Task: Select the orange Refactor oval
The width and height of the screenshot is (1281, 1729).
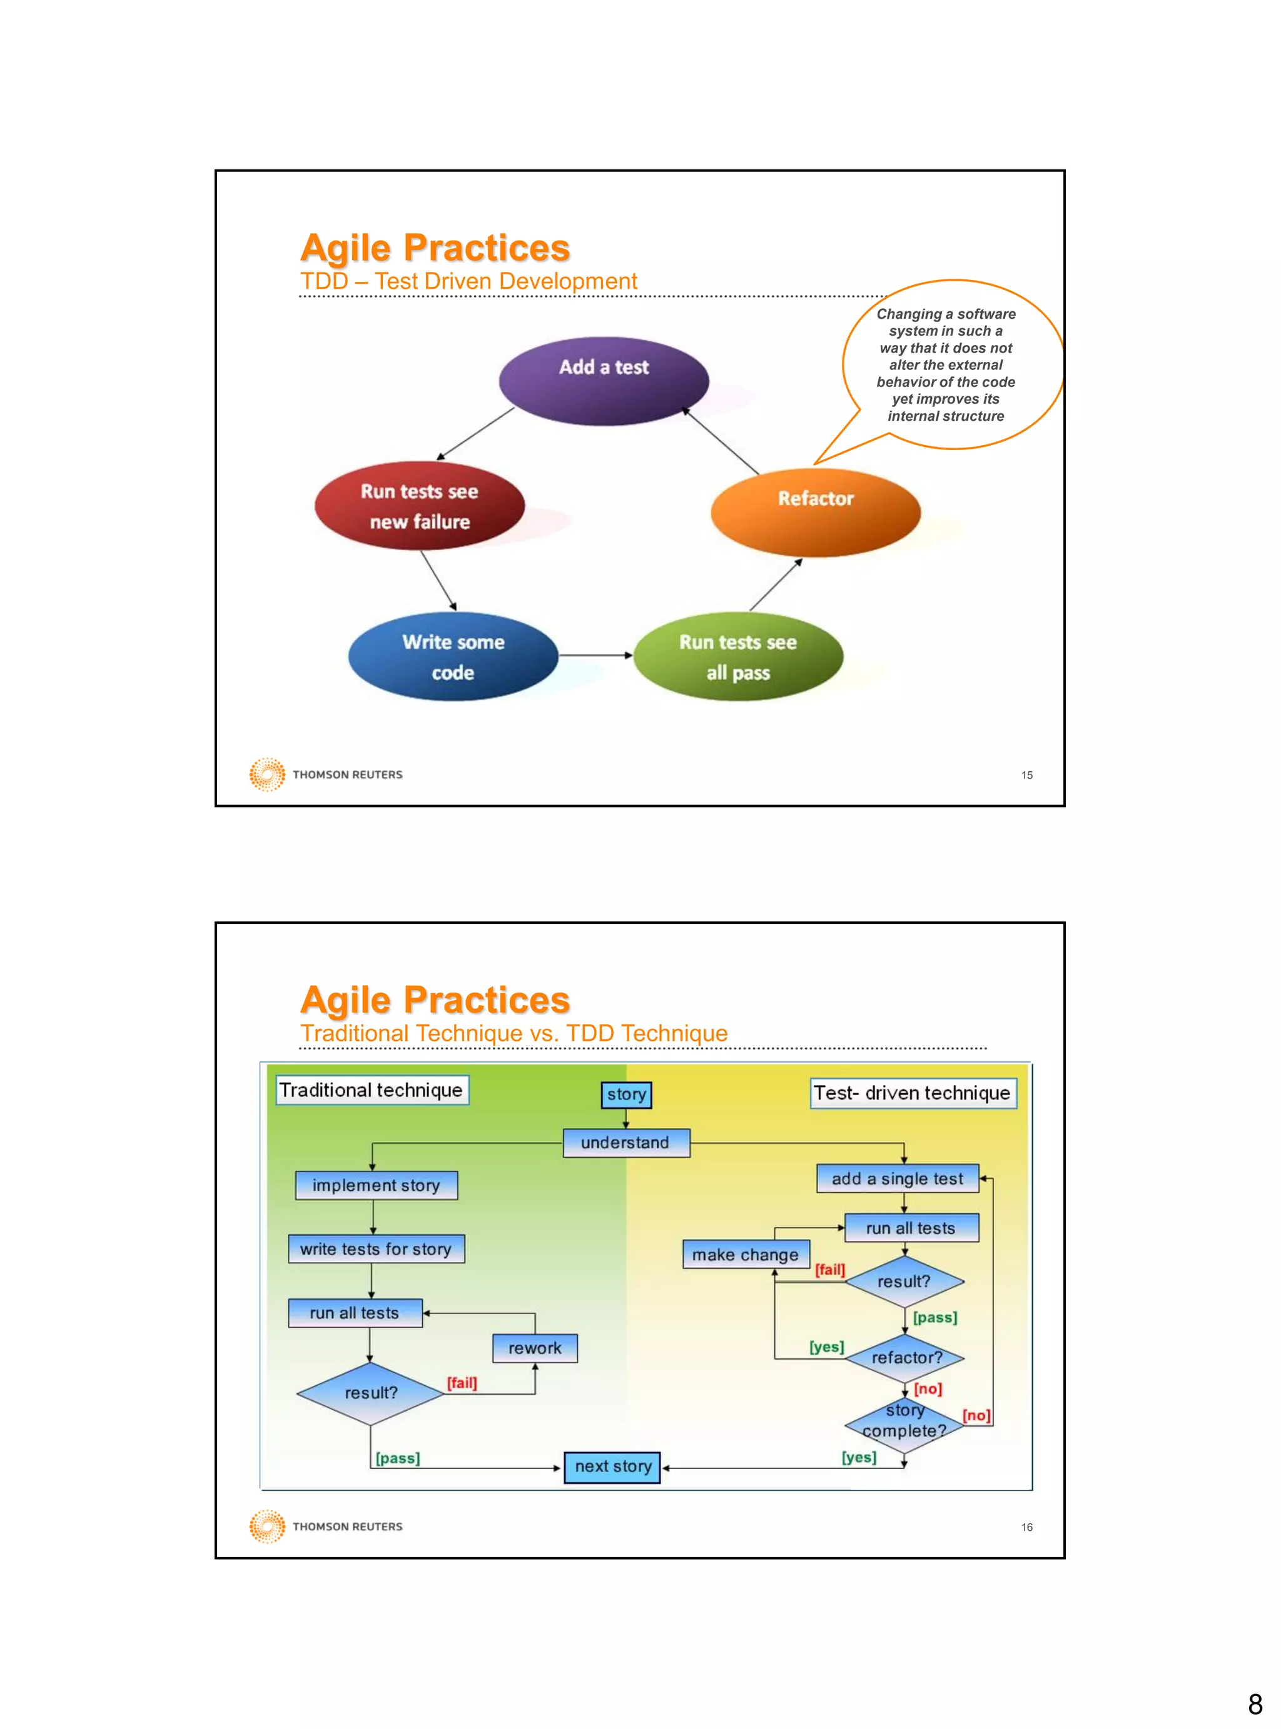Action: pyautogui.click(x=815, y=511)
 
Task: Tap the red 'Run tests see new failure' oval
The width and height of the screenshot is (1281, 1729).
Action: pyautogui.click(x=420, y=506)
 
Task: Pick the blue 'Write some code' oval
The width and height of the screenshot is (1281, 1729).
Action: pyautogui.click(x=453, y=656)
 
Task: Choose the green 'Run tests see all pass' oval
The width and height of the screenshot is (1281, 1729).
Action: pyautogui.click(x=737, y=656)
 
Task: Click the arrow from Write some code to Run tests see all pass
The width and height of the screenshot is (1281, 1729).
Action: pyautogui.click(x=595, y=655)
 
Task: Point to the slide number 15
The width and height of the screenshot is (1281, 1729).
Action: pyautogui.click(x=1026, y=775)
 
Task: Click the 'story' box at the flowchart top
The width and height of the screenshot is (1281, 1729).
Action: pyautogui.click(x=627, y=1095)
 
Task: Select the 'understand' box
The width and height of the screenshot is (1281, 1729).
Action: pyautogui.click(x=625, y=1142)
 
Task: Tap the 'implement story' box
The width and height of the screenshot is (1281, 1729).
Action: pyautogui.click(x=376, y=1185)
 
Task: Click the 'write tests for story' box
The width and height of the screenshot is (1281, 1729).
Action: pyautogui.click(x=376, y=1248)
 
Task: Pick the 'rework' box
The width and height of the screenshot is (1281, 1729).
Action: pyautogui.click(x=534, y=1348)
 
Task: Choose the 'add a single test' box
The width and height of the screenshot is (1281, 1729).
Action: pyautogui.click(x=897, y=1178)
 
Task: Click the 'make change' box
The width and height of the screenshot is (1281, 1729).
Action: pyautogui.click(x=745, y=1254)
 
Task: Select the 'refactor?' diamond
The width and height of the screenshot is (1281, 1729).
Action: pyautogui.click(x=905, y=1357)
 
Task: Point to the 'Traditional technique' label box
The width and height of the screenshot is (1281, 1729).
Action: pyautogui.click(x=372, y=1090)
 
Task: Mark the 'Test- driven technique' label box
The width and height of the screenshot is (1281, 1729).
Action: pyautogui.click(x=912, y=1093)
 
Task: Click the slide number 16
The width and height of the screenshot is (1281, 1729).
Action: pyautogui.click(x=1026, y=1526)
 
